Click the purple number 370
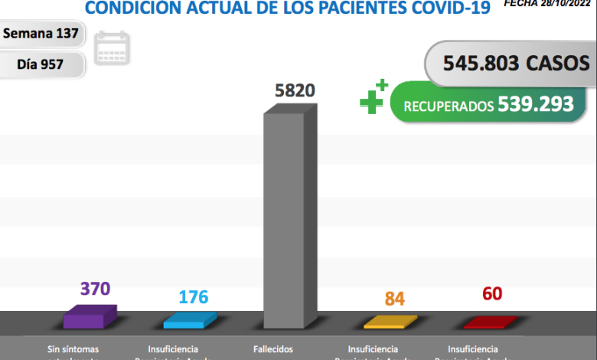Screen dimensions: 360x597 coord(96,289)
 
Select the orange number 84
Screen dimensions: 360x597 coord(394,299)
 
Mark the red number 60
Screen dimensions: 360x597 coord(492,293)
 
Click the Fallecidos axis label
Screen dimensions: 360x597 coord(272,349)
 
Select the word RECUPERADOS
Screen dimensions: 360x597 coord(449,106)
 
